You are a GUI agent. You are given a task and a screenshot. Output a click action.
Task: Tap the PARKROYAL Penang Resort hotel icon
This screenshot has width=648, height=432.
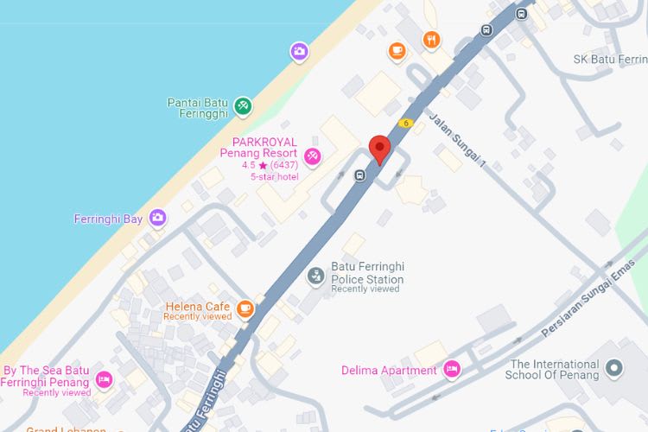pos(312,156)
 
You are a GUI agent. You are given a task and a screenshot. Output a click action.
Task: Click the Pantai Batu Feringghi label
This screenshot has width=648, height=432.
pos(197,107)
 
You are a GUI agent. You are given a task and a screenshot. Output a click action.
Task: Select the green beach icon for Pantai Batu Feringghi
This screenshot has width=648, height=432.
pos(244,105)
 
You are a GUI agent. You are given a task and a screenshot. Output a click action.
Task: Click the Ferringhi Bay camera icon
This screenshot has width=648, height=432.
pos(156,218)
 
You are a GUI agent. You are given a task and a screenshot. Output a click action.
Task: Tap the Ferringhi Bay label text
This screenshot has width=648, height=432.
pos(108,219)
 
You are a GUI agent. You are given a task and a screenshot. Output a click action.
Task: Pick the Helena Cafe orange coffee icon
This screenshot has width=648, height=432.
pos(245,308)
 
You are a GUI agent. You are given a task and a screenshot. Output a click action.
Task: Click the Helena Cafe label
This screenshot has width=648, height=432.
pos(198,307)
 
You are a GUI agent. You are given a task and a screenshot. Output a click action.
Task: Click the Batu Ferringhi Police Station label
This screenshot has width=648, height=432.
pos(367,273)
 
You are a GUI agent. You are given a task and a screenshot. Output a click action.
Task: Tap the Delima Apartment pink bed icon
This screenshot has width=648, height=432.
pos(450,370)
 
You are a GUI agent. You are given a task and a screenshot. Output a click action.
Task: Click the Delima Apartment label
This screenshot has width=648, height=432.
pos(389,371)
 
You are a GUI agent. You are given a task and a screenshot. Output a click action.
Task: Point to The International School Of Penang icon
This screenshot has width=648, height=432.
pos(613,370)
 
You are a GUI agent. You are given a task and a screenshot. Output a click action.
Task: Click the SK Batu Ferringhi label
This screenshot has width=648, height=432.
pos(610,60)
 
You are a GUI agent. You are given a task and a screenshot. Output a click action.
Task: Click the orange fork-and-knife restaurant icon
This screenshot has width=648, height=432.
pos(431,40)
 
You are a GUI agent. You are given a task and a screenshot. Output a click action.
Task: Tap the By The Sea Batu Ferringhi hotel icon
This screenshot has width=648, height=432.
pos(104,378)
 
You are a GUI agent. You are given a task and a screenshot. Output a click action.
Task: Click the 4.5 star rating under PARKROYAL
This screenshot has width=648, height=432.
pos(269,165)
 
